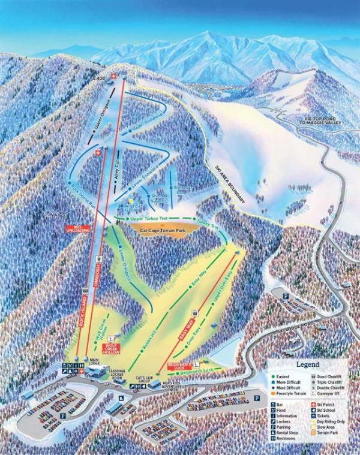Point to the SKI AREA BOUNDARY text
(x=229, y=186)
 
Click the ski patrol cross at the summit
(x=115, y=76)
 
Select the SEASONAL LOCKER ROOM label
(x=118, y=375)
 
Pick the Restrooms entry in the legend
(x=287, y=439)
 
